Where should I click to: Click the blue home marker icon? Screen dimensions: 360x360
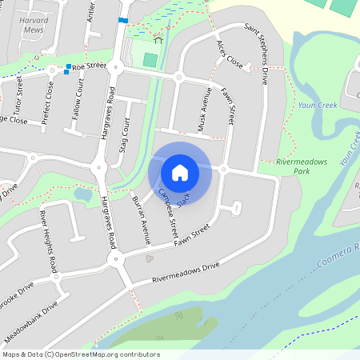click(x=180, y=172)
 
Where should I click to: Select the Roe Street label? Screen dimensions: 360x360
click(x=89, y=67)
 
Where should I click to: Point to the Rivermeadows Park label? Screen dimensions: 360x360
click(x=302, y=166)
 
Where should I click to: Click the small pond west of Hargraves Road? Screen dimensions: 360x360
click(x=82, y=194)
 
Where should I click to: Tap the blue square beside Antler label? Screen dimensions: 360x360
click(x=122, y=20)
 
